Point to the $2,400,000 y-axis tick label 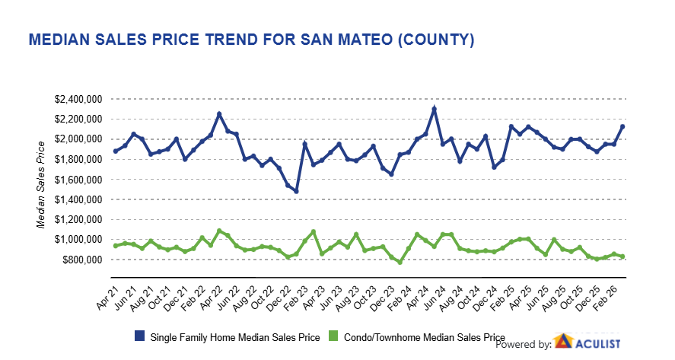pos(80,99)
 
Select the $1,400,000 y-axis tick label pos(80,199)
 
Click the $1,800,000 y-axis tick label pos(80,159)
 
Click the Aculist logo pos(587,342)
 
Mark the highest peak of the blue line pos(434,109)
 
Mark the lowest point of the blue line pos(295,191)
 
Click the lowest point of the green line pos(399,263)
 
